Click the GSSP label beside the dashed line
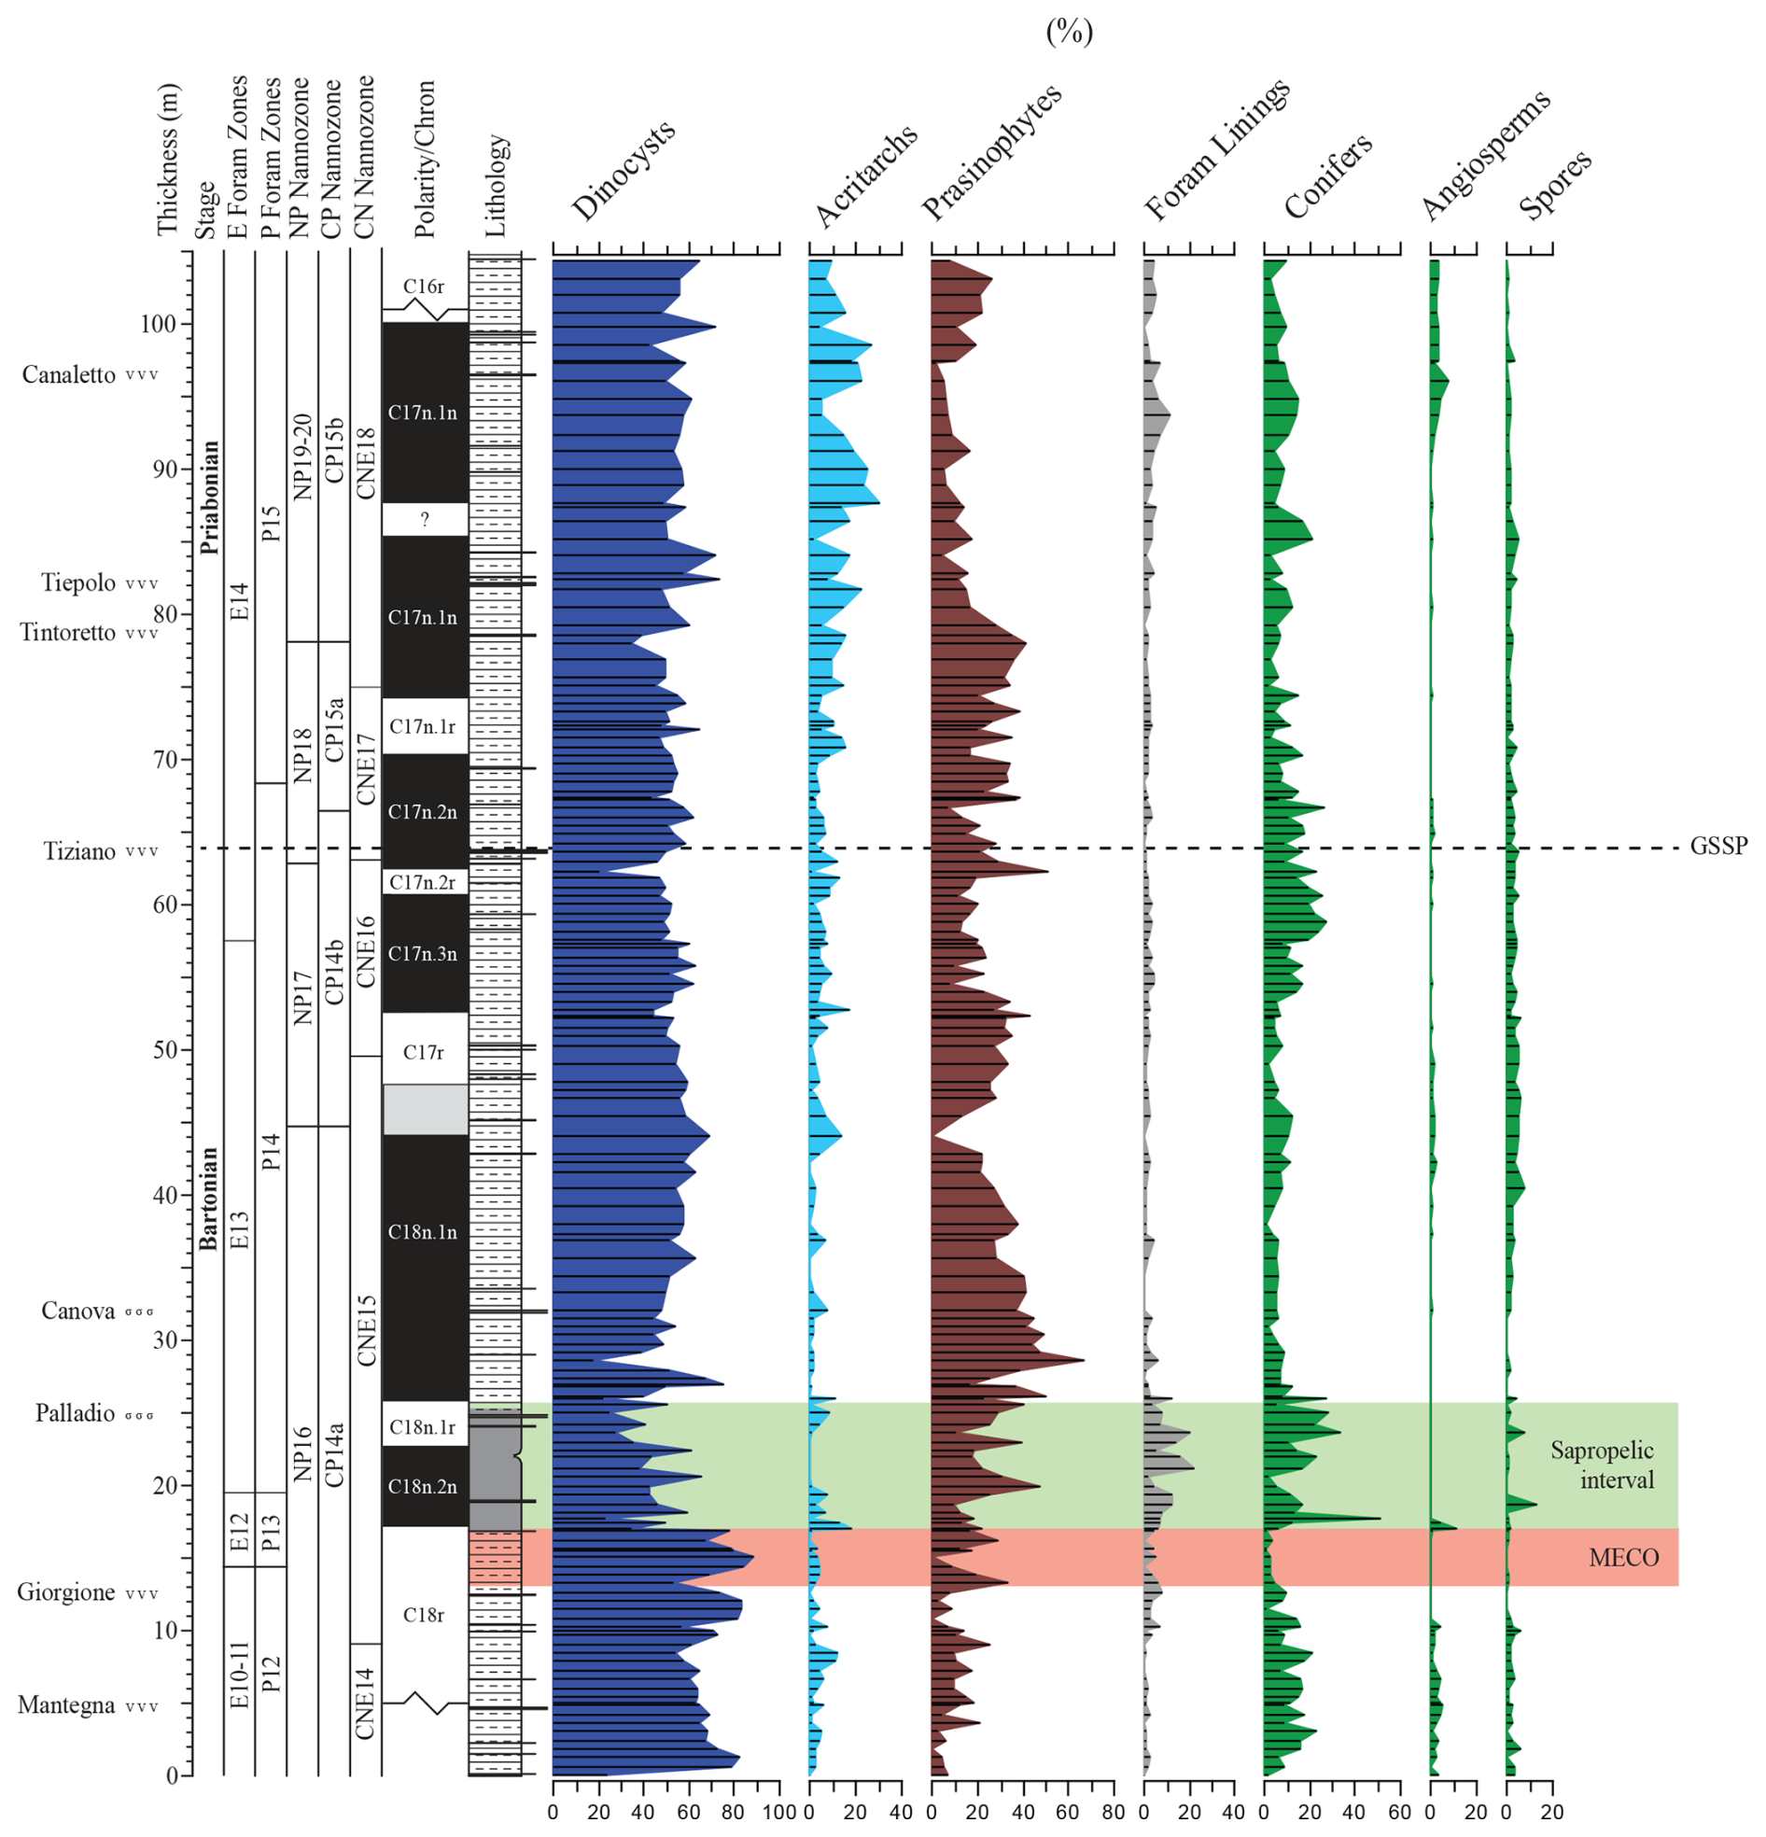coord(1718,847)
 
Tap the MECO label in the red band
coord(1623,1558)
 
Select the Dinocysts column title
coord(623,172)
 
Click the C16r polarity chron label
coord(424,287)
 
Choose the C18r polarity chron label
coord(424,1615)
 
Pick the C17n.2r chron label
coord(423,882)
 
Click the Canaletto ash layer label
coord(68,375)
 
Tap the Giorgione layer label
coord(65,1592)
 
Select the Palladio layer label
coord(74,1413)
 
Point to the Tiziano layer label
coord(79,851)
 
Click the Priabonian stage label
coord(209,497)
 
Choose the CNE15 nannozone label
coord(366,1331)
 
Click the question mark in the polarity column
coord(425,519)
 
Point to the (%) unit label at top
coord(1069,33)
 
